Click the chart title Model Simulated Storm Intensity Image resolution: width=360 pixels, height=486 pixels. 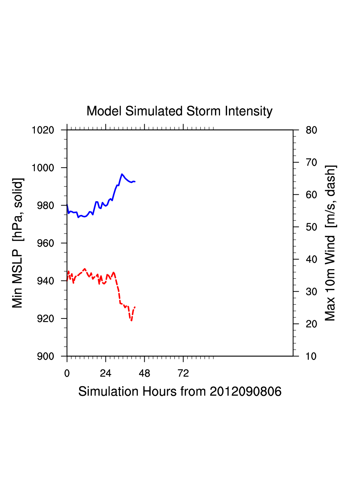pos(179,111)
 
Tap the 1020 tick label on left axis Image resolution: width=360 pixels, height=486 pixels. pos(43,130)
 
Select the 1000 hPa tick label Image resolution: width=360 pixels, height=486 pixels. pos(43,168)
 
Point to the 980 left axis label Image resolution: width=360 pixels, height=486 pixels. pos(45,205)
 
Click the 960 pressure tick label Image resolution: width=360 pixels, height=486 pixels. pos(45,243)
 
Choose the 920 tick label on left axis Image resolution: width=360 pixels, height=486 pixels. pos(45,319)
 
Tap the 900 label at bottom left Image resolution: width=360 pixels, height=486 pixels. pos(45,356)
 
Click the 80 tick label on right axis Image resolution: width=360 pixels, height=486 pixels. pos(311,130)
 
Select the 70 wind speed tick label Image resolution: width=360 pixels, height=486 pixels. pos(311,163)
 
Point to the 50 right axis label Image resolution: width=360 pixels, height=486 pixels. pos(311,227)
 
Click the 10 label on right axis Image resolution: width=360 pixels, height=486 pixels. pos(311,356)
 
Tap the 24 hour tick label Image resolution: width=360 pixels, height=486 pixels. pos(105,373)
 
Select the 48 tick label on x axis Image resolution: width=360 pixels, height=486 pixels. pos(144,373)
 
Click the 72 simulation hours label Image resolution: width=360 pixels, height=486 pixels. pos(183,373)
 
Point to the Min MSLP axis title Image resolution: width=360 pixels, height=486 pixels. pos(17,243)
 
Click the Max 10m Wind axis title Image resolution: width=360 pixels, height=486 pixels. pos(330,243)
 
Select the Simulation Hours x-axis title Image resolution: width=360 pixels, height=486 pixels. pos(180,391)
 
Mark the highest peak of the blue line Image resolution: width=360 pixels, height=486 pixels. pos(122,174)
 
